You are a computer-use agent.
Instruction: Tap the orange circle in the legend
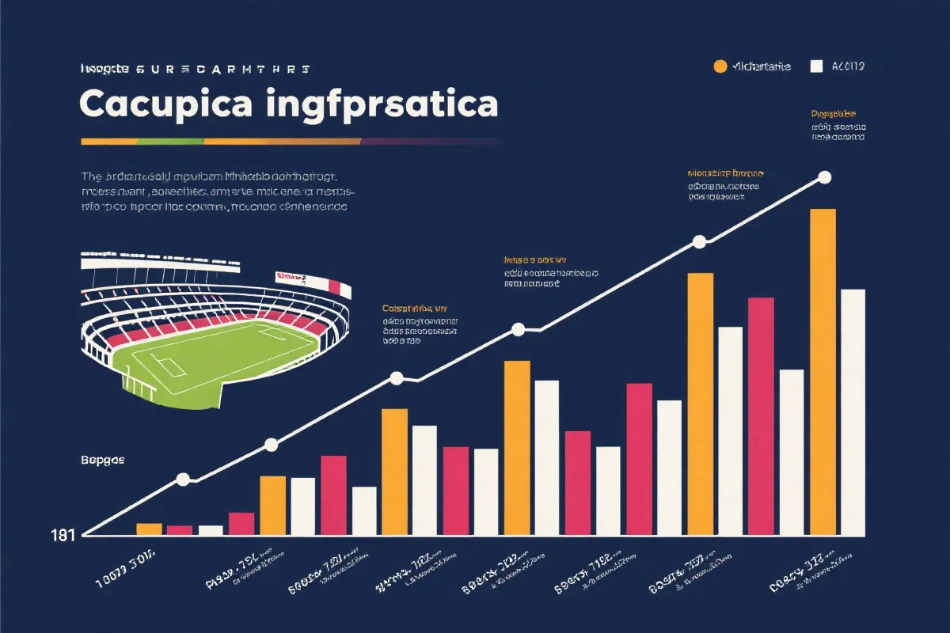coord(720,66)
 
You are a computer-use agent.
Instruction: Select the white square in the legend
coord(817,66)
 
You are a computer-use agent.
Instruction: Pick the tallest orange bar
coord(823,372)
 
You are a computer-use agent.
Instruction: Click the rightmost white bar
coord(853,411)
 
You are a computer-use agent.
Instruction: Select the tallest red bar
coord(761,415)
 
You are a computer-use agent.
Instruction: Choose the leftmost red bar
coord(180,530)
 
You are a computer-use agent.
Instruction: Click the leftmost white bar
coord(211,530)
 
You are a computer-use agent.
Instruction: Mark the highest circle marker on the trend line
coord(824,177)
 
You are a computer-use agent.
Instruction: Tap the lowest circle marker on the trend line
coord(184,479)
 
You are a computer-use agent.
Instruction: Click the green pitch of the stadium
coord(222,356)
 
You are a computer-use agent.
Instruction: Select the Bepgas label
coord(102,460)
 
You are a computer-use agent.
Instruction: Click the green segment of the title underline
coord(170,142)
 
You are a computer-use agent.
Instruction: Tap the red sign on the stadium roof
coord(291,276)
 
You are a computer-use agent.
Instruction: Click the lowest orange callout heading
coord(415,308)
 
